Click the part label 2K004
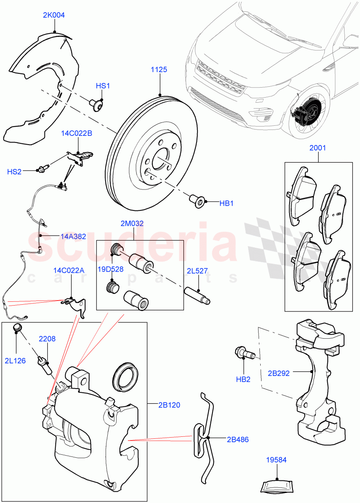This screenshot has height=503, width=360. (54, 15)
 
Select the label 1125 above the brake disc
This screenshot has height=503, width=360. (159, 70)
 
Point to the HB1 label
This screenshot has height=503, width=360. (226, 203)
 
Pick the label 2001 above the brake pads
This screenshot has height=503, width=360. (317, 148)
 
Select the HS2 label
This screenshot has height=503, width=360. (14, 171)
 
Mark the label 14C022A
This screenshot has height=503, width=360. (69, 270)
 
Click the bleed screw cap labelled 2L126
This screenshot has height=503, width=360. (18, 328)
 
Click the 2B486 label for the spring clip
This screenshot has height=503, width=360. (237, 440)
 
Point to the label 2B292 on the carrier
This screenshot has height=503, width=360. (279, 373)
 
